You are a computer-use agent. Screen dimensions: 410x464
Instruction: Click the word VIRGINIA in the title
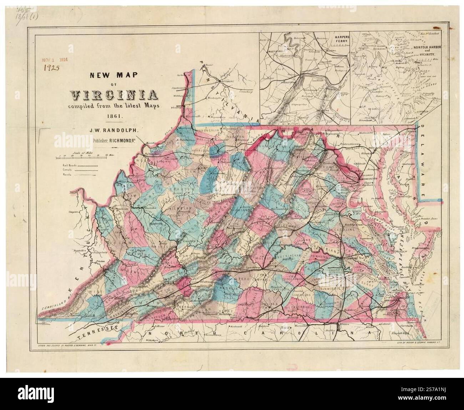click(x=115, y=95)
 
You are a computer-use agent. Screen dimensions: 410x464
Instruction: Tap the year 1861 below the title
click(x=115, y=116)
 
